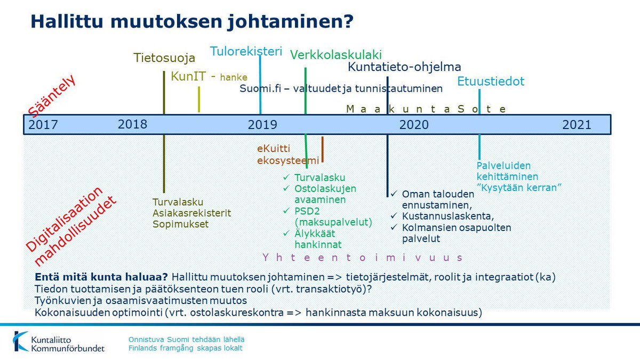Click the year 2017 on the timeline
[x=43, y=125]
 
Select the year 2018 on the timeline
[x=132, y=124]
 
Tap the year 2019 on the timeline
[x=262, y=125]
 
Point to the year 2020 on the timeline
[x=414, y=125]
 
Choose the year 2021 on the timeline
[x=577, y=125]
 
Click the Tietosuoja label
[x=164, y=58]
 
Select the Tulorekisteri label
[x=245, y=51]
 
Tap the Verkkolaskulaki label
[x=335, y=54]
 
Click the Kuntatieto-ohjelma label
[x=404, y=67]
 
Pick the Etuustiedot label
[x=491, y=82]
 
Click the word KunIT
[x=188, y=76]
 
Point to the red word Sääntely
[x=52, y=96]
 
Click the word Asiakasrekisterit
[x=191, y=213]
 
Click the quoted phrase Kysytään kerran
[x=515, y=188]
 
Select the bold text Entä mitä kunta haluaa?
[x=101, y=277]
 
